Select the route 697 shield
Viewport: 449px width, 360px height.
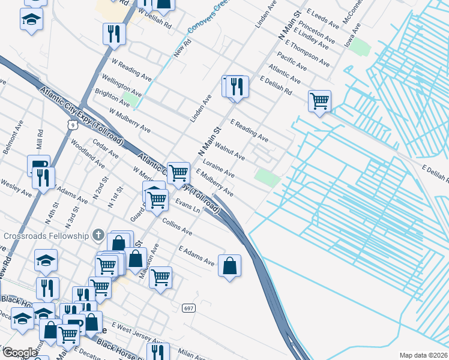188,308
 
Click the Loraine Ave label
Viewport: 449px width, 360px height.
218,169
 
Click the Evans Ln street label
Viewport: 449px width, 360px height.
187,206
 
